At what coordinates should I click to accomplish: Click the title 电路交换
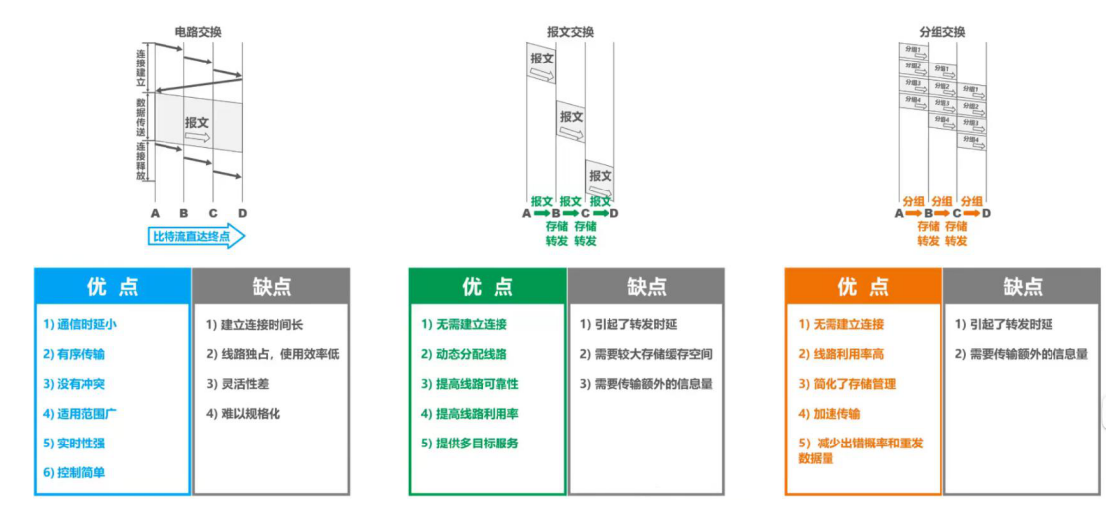197,32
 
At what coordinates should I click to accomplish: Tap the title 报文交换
570,32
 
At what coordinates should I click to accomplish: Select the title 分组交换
942,32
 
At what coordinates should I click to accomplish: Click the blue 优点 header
112,287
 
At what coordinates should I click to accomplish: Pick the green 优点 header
488,287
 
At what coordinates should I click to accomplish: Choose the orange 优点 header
863,287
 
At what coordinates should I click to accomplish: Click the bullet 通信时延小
80,324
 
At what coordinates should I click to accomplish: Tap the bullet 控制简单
73,472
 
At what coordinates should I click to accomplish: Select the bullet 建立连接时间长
257,324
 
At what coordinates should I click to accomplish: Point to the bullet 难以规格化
243,413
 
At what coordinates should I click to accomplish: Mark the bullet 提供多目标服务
469,443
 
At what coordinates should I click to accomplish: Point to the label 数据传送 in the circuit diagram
141,117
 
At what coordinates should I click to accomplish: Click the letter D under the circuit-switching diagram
242,212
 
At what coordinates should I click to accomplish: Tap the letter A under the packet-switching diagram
900,212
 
